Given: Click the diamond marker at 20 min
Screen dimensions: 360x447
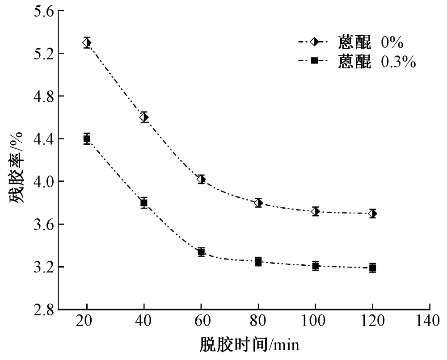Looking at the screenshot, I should (x=87, y=43).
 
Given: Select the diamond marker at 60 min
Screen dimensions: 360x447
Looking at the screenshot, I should (x=201, y=180).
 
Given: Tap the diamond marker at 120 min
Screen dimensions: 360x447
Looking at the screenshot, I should (x=372, y=213).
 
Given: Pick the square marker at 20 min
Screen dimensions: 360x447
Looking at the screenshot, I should (x=87, y=138).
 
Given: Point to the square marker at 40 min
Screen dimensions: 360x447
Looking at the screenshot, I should (x=144, y=203).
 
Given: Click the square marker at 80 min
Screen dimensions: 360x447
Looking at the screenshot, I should (x=258, y=261).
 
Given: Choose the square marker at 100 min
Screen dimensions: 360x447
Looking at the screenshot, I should (x=316, y=266).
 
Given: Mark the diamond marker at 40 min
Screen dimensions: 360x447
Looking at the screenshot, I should (x=144, y=117).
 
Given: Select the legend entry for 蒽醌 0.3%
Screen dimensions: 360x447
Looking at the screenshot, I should (x=357, y=62).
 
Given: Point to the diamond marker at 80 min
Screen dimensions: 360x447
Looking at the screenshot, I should (x=258, y=203).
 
